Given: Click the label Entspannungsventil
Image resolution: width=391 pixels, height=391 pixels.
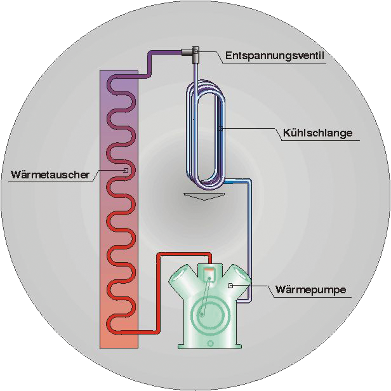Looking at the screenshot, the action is point(275,55).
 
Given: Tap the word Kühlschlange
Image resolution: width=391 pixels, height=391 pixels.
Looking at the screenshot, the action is point(317,133).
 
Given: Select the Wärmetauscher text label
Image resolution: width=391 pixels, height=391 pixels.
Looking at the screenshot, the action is point(50,175).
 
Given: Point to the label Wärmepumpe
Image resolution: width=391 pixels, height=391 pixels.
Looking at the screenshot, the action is point(311,289).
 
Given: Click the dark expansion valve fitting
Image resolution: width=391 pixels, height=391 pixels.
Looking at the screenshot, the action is point(191,53).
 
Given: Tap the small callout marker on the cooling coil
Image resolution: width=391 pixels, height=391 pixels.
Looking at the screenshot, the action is point(220,129).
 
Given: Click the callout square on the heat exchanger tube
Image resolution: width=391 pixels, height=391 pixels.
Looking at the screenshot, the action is point(126,171).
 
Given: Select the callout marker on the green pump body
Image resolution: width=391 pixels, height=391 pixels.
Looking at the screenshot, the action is point(230,286).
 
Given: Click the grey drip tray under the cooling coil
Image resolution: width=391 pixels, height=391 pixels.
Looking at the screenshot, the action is point(204,196).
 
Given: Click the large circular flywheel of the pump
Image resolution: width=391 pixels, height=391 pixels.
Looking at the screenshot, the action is point(210,316).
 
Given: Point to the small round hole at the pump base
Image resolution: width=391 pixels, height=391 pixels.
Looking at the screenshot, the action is point(211,343).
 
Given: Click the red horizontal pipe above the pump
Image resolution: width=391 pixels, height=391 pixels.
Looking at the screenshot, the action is point(184,255).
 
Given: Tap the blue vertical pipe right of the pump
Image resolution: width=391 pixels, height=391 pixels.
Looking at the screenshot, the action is point(249,239).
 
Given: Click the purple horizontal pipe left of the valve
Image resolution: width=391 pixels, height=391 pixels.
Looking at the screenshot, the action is point(165,52).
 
